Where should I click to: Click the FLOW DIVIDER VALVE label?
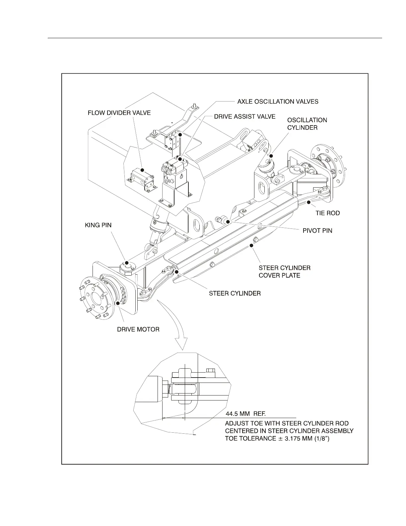click(119, 113)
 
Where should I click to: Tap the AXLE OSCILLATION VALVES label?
click(278, 101)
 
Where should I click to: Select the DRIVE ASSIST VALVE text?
click(244, 117)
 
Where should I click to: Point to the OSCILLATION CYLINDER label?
click(307, 124)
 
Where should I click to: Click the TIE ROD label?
click(327, 213)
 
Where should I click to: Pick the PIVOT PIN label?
click(317, 230)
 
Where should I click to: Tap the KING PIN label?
click(98, 225)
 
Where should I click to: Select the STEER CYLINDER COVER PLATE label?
click(284, 271)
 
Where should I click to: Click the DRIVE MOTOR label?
click(138, 329)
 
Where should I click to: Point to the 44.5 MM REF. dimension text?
click(245, 414)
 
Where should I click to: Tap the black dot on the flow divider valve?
click(142, 170)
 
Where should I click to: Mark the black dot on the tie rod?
click(308, 202)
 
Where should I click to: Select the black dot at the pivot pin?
click(228, 221)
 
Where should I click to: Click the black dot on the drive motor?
click(118, 303)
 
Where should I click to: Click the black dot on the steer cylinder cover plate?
click(251, 246)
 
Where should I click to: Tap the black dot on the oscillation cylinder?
click(271, 156)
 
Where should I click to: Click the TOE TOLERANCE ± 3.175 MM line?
click(277, 439)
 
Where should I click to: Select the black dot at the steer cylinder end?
click(177, 272)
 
